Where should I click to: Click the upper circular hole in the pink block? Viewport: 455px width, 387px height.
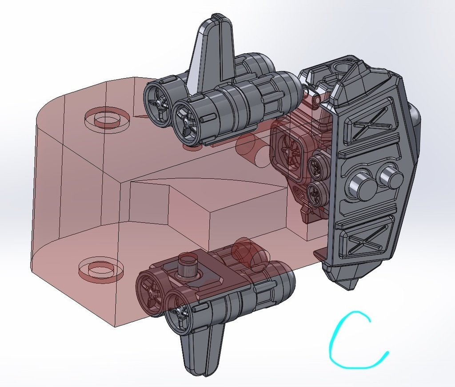point(107,118)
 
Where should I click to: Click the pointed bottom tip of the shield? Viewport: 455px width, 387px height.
point(352,288)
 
